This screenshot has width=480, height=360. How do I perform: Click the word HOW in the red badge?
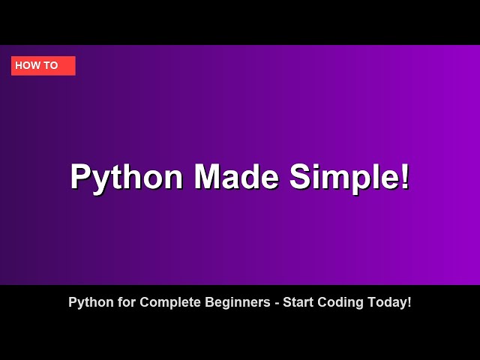point(28,66)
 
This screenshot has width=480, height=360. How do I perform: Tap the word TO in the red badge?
point(51,66)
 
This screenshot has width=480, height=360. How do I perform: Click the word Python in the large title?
point(126,178)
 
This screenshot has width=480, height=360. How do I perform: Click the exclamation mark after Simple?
point(405,177)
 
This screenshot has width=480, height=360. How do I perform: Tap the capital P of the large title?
point(81,177)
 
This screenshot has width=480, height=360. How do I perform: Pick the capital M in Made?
point(209,177)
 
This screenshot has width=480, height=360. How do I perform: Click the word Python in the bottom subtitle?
point(88,303)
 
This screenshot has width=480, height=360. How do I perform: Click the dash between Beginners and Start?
point(277,304)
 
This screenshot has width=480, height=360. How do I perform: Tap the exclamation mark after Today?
point(409,302)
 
